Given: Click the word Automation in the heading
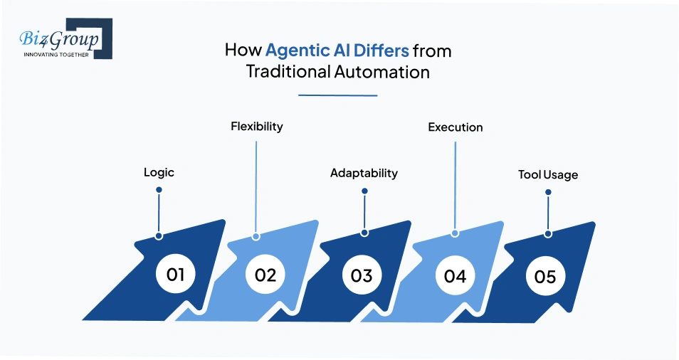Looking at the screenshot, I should click(385, 72).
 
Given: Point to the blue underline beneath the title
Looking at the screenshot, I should click(338, 95).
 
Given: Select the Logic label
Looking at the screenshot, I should click(159, 172).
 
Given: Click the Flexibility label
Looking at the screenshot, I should click(256, 127).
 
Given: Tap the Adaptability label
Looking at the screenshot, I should click(364, 173).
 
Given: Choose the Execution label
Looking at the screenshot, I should click(455, 127).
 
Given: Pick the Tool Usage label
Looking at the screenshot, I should click(547, 175).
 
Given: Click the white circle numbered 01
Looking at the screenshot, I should click(175, 274).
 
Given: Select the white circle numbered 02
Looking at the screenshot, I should click(265, 274).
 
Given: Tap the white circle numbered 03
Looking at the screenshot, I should click(362, 275).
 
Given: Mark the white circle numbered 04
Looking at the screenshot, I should click(455, 275).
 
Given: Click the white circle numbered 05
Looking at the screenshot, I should click(544, 275).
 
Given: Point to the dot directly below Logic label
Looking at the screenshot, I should click(159, 190).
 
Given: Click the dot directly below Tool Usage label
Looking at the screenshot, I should click(547, 191).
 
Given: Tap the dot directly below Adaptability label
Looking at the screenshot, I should click(364, 191).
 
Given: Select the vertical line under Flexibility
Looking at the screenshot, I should click(256, 185).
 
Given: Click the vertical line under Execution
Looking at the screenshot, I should click(455, 185).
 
